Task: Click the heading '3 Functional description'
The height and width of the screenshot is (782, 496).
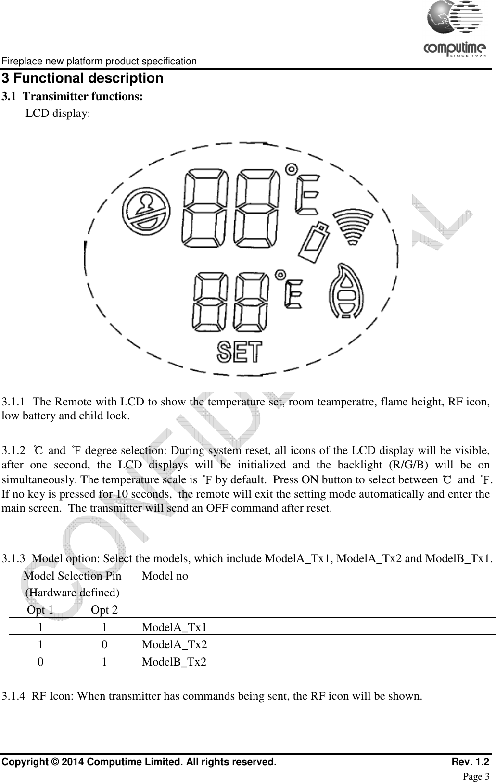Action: click(x=82, y=78)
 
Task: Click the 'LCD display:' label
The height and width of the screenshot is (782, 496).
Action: click(x=57, y=114)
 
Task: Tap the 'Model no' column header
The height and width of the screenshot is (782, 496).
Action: click(x=165, y=576)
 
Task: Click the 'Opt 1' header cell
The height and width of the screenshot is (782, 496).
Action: click(x=40, y=610)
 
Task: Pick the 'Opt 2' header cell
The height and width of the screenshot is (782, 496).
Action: click(x=104, y=610)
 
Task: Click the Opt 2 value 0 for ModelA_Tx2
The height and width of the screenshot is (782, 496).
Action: click(x=104, y=644)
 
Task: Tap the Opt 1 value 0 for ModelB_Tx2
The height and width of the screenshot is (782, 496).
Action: click(x=40, y=662)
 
